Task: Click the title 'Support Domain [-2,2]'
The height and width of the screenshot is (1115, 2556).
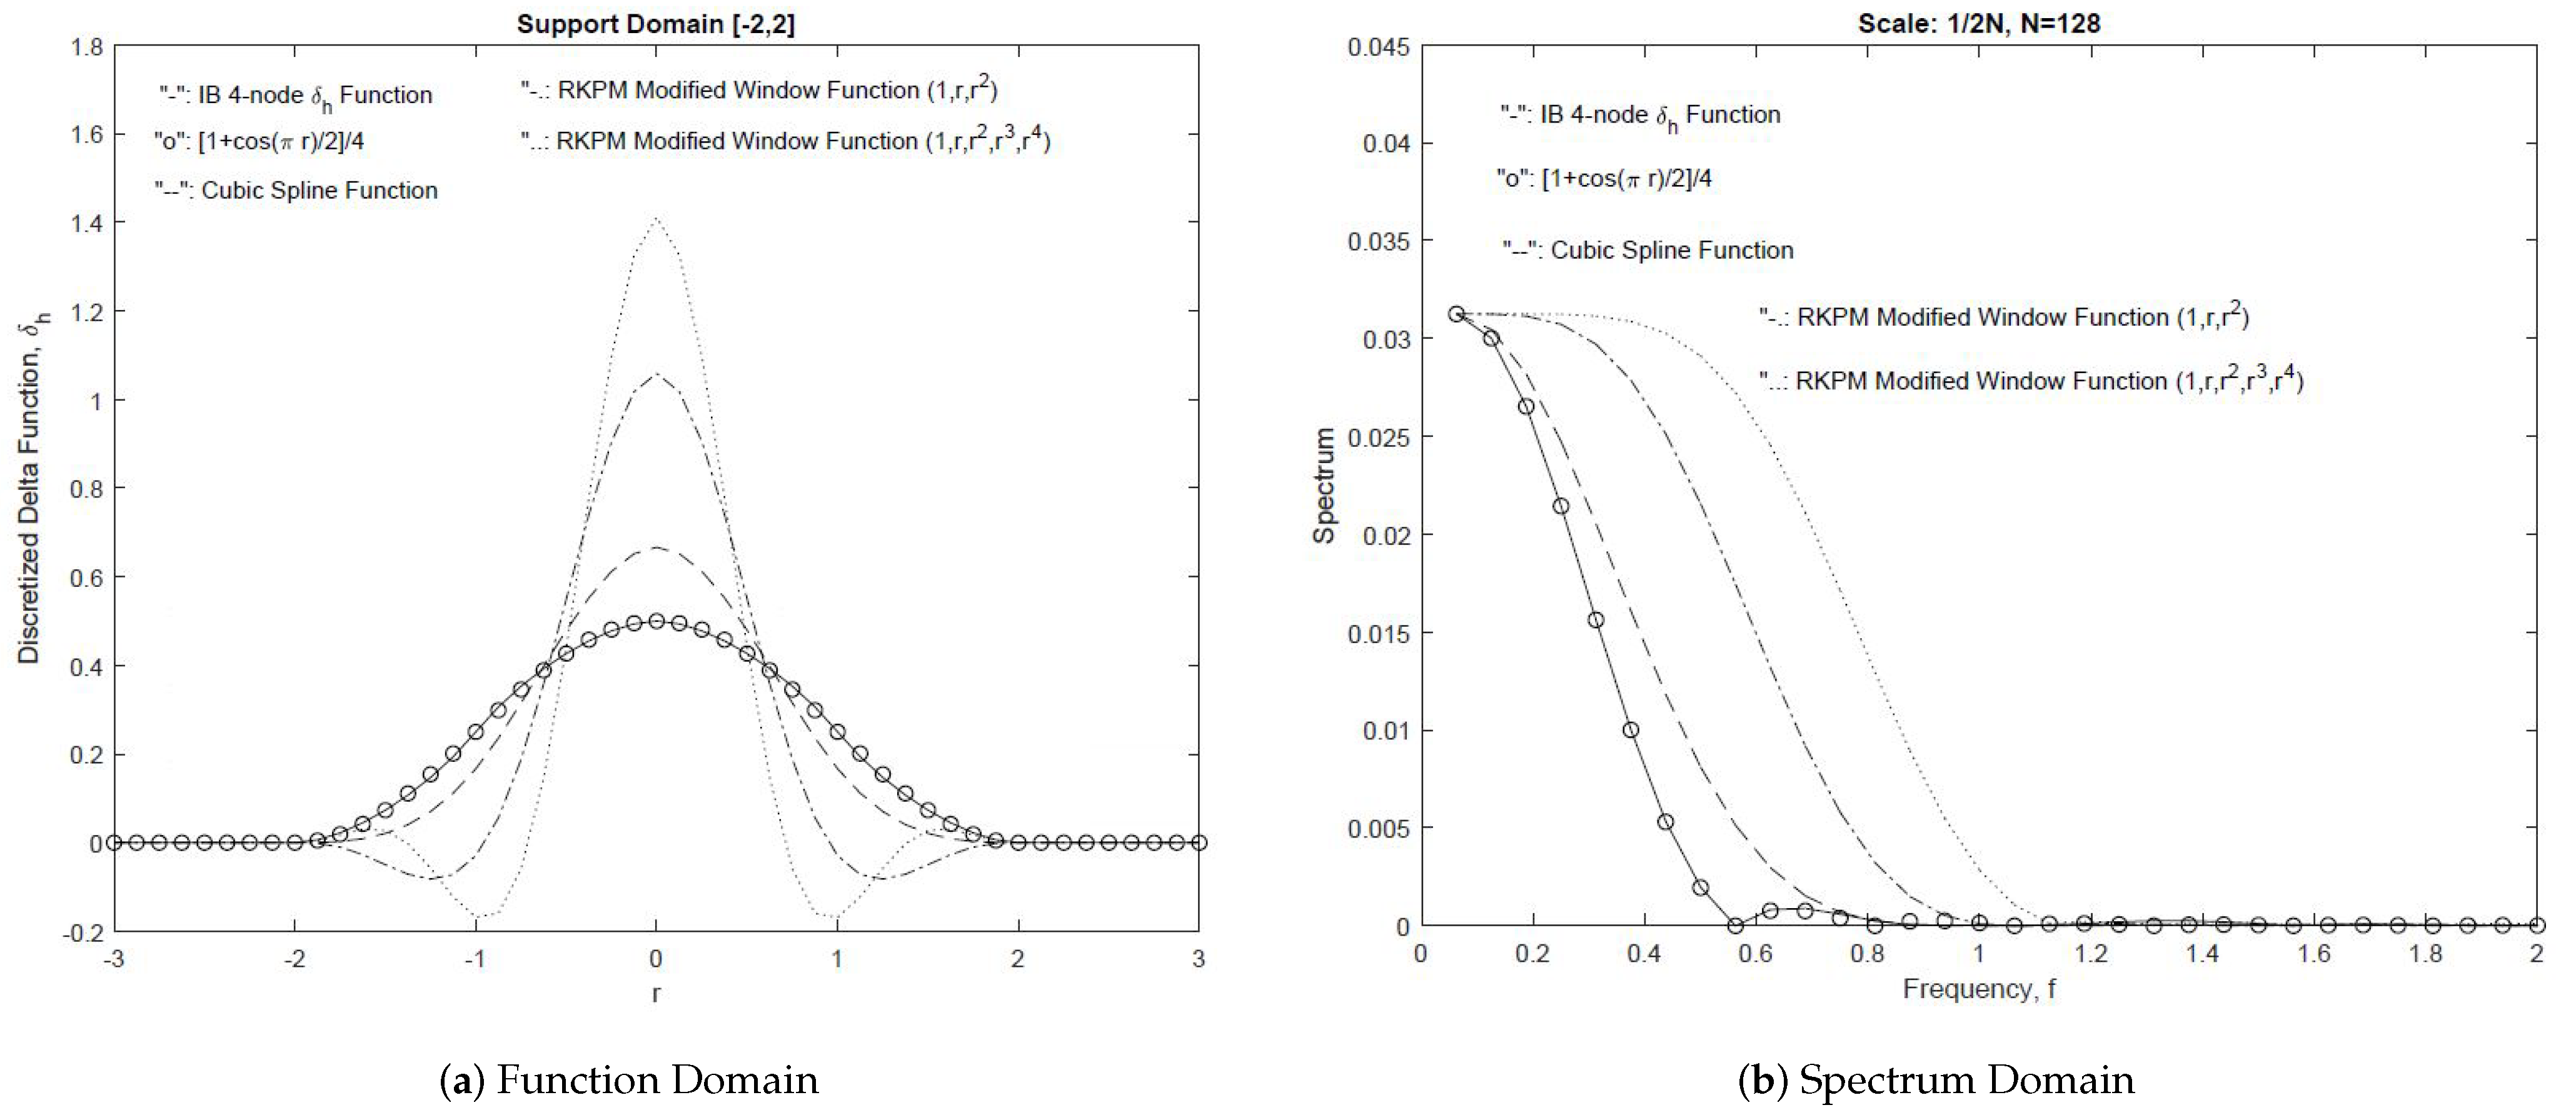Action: (656, 24)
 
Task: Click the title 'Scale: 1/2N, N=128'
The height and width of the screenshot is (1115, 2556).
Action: (1978, 23)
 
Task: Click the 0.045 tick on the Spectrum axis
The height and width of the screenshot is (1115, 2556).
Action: (1378, 47)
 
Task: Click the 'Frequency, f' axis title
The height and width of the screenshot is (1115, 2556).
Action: (1978, 989)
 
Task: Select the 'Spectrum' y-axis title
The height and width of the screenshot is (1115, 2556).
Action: (1324, 486)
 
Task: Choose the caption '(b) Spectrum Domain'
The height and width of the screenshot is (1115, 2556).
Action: (1936, 1080)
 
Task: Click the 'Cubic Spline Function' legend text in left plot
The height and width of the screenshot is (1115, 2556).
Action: (296, 191)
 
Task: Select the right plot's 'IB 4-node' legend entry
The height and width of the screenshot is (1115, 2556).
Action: (1640, 115)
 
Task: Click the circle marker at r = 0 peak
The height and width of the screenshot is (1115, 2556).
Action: (656, 621)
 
